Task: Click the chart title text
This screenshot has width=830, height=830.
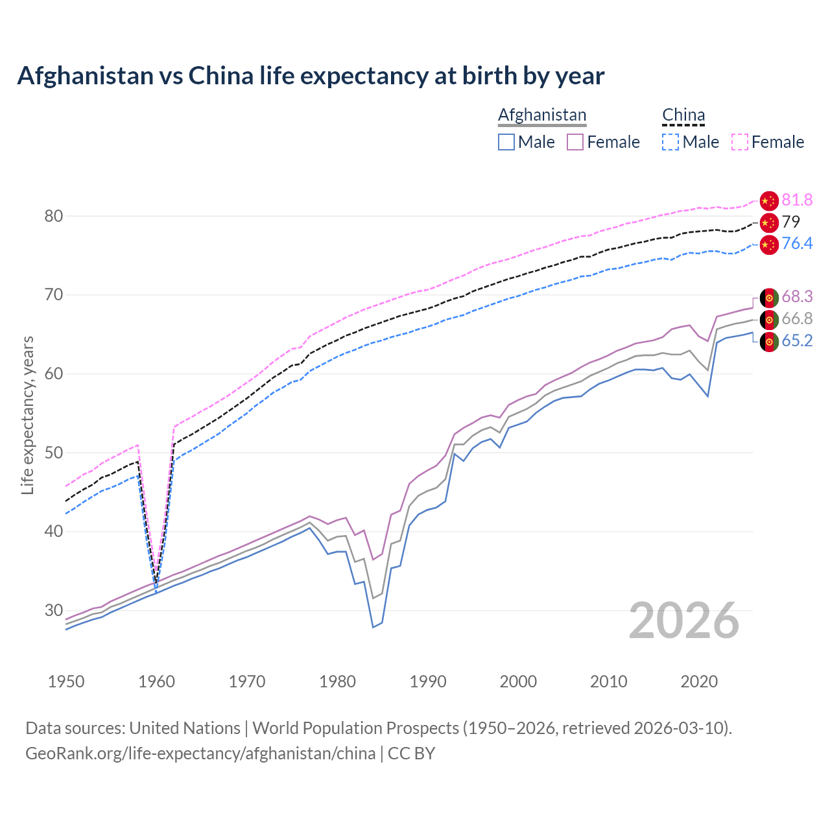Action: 311,76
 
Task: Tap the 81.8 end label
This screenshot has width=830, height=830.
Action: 797,200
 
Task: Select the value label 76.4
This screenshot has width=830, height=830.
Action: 797,243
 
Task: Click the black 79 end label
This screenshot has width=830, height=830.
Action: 790,222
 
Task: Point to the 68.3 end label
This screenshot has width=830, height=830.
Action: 797,297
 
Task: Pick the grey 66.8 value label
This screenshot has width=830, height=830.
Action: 797,318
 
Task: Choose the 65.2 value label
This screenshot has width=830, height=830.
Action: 797,340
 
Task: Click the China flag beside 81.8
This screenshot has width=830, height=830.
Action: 769,201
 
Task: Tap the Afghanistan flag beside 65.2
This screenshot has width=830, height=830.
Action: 769,342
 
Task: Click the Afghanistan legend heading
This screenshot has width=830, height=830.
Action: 542,115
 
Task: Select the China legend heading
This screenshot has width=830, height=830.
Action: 683,115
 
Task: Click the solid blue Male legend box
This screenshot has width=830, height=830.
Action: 506,142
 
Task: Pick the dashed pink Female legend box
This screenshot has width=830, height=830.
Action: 740,142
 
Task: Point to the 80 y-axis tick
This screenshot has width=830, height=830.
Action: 53,216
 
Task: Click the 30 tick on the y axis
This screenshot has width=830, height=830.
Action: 53,610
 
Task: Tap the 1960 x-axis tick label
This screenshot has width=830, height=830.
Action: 157,682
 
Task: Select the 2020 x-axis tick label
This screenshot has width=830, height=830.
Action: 699,682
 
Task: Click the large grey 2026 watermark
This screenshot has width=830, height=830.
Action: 684,621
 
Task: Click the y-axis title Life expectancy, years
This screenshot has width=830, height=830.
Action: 27,415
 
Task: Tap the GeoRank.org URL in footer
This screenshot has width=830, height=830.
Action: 200,753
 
